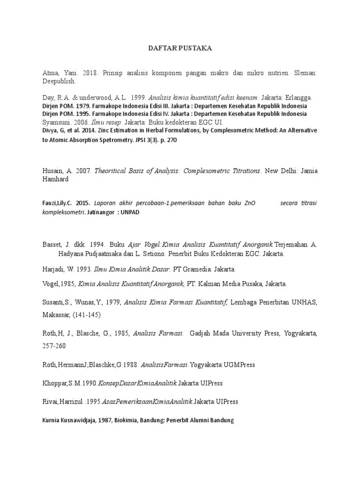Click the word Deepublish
pyautogui.click(x=57, y=81)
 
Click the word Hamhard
pyautogui.click(x=55, y=179)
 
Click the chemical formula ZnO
pyautogui.click(x=251, y=203)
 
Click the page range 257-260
pyautogui.click(x=53, y=346)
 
